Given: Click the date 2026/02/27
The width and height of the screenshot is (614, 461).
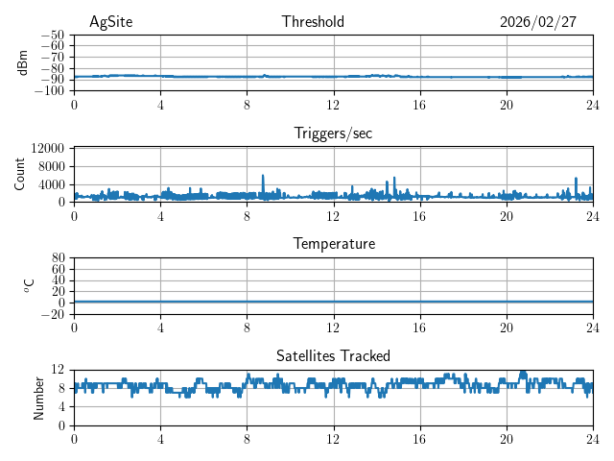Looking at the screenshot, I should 538,22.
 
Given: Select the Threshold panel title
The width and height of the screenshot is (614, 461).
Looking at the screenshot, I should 313,22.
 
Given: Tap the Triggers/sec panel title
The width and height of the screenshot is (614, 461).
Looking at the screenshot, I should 333,133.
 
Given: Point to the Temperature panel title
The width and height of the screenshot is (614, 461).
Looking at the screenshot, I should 333,244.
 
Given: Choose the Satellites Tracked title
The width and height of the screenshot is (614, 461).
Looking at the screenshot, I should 333,356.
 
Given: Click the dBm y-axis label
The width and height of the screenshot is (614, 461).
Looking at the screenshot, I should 23,62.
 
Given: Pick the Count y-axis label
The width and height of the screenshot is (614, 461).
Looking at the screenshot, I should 19,174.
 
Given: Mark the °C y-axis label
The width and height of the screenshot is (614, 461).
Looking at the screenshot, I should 29,285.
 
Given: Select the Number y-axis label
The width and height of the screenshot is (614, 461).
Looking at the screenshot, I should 38,397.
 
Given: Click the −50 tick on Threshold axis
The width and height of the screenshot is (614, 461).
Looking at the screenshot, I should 52,35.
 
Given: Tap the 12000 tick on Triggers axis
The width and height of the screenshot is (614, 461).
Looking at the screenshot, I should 47,148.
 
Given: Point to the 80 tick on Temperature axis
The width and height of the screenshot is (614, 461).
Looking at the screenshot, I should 57,258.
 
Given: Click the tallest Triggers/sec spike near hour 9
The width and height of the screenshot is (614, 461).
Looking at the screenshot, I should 263,176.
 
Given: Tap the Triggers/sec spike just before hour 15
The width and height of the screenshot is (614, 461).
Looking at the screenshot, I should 394,179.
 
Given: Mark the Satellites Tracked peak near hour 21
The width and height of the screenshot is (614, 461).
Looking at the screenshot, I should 523,373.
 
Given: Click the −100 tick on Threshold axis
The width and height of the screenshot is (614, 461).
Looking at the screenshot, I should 48,91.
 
